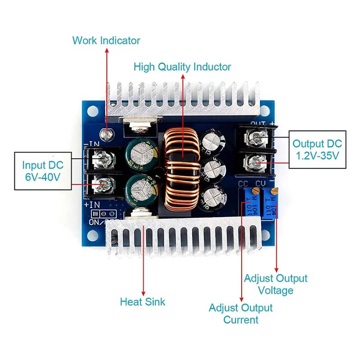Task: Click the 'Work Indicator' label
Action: [106, 40]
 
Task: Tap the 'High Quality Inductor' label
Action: [182, 67]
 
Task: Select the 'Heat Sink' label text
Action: [143, 301]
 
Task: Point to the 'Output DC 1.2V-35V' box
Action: [317, 150]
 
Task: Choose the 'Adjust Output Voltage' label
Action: [275, 284]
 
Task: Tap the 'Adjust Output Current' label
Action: [241, 314]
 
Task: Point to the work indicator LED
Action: [107, 133]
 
